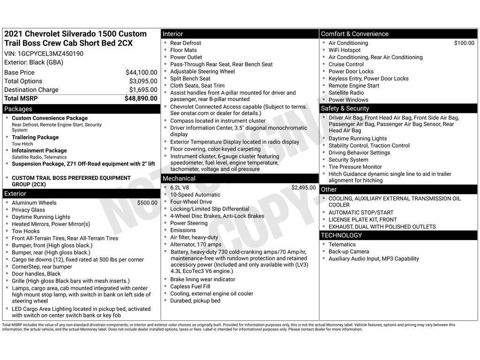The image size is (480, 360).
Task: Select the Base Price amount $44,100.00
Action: pyautogui.click(x=141, y=72)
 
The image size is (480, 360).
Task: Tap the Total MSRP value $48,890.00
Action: pyautogui.click(x=141, y=98)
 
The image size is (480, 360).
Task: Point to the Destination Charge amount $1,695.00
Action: pyautogui.click(x=143, y=90)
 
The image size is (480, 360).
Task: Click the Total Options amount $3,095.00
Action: pyautogui.click(x=143, y=81)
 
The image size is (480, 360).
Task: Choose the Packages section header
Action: pyautogui.click(x=18, y=109)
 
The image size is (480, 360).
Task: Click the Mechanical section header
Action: pyautogui.click(x=179, y=179)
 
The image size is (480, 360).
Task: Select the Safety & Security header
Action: pyautogui.click(x=345, y=108)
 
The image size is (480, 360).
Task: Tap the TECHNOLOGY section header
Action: pyautogui.click(x=341, y=235)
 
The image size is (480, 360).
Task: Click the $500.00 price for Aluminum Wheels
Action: pyautogui.click(x=147, y=203)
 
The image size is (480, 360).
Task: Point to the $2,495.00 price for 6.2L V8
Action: pyautogui.click(x=303, y=187)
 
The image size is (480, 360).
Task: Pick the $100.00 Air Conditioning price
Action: pyautogui.click(x=464, y=43)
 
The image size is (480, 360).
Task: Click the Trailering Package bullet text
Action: pyautogui.click(x=35, y=137)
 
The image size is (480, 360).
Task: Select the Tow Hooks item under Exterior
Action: pyautogui.click(x=26, y=231)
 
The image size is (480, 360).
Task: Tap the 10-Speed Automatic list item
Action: pyautogui.click(x=195, y=195)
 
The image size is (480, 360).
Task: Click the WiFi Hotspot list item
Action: pyautogui.click(x=345, y=50)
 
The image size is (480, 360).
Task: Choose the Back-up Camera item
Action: pyautogui.click(x=349, y=252)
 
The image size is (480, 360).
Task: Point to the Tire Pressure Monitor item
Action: pyautogui.click(x=355, y=167)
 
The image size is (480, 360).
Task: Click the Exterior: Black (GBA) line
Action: pyautogui.click(x=34, y=62)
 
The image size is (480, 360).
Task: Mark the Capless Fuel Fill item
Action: pyautogui.click(x=190, y=286)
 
